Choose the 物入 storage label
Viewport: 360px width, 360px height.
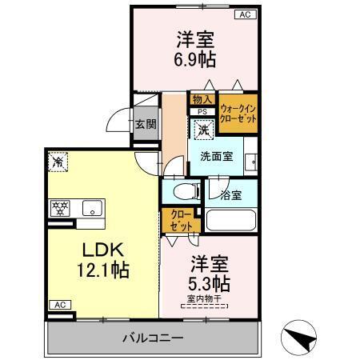pyautogui.click(x=202, y=99)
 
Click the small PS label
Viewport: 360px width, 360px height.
pyautogui.click(x=202, y=112)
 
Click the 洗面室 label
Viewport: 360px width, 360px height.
pyautogui.click(x=217, y=156)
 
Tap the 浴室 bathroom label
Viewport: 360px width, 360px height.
pyautogui.click(x=231, y=194)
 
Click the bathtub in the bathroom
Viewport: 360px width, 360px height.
pyautogui.click(x=231, y=220)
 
